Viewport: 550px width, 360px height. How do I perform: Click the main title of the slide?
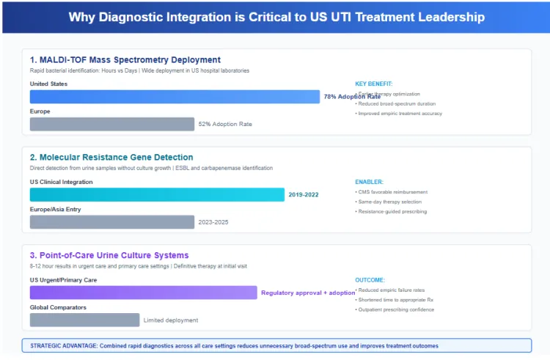276,18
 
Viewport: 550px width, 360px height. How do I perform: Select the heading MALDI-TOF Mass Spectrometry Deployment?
125,59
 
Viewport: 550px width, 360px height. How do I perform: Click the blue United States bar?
175,97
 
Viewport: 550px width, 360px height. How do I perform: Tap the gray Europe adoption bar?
112,124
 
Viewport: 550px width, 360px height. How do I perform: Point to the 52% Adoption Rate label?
225,125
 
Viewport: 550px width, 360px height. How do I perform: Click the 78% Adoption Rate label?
352,97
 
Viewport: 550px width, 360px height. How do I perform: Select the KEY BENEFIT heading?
373,84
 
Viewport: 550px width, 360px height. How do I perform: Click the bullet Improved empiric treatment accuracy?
400,114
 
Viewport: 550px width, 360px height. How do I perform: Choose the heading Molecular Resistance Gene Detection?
111,157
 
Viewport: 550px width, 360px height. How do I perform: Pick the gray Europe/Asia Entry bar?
112,221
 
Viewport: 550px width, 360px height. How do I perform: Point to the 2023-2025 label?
213,222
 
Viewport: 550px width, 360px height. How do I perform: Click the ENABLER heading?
369,181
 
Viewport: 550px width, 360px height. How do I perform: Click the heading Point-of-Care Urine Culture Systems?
109,255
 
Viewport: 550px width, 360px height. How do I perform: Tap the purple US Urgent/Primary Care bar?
143,293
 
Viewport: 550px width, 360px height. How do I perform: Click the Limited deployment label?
171,320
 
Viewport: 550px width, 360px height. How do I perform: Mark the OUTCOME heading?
370,279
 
